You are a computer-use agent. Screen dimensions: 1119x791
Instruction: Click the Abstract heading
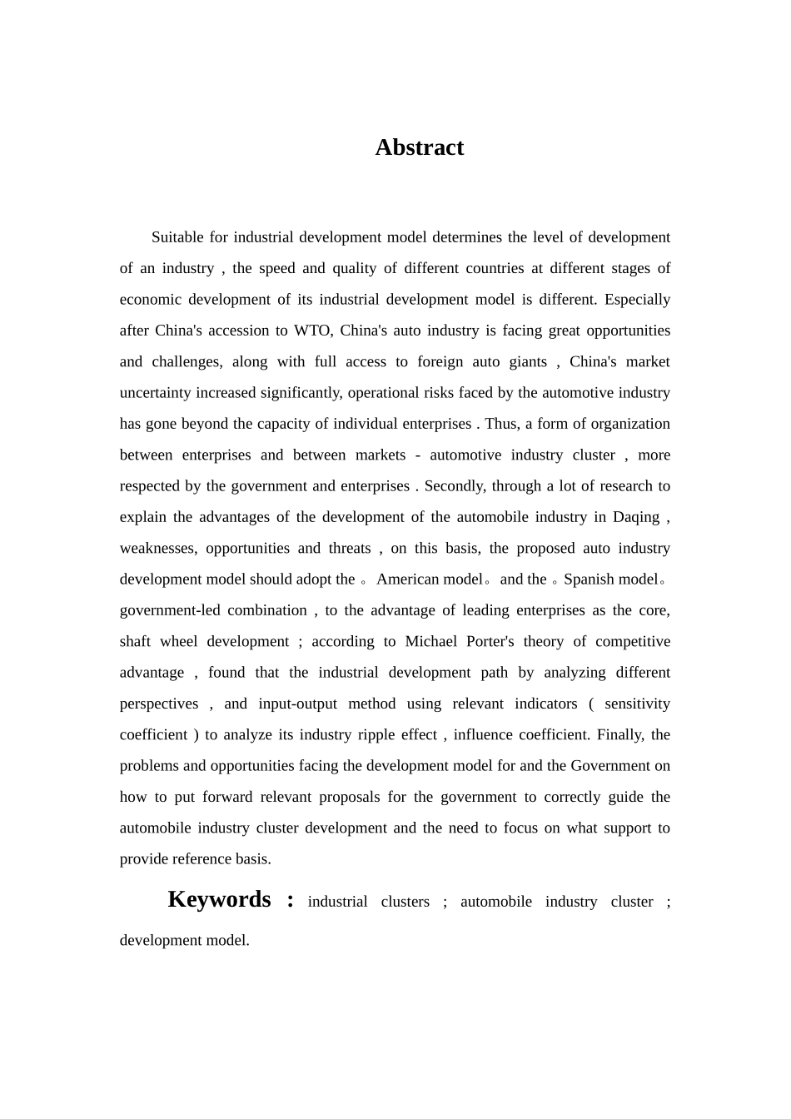click(x=419, y=147)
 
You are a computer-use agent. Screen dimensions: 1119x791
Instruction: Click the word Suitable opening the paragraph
click(x=177, y=237)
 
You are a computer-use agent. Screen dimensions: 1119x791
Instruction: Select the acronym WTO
click(x=313, y=331)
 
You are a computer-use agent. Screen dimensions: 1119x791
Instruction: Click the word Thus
click(x=500, y=424)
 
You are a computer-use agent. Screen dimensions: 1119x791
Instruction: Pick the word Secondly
click(x=455, y=486)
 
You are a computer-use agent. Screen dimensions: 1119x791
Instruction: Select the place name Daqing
click(x=636, y=517)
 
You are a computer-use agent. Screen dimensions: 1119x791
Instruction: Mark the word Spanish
click(x=590, y=579)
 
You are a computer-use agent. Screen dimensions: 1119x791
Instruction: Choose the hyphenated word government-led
click(x=169, y=610)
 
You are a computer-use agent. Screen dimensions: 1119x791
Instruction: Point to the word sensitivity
click(x=637, y=704)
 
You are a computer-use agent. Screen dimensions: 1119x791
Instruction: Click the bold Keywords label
click(x=219, y=899)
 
